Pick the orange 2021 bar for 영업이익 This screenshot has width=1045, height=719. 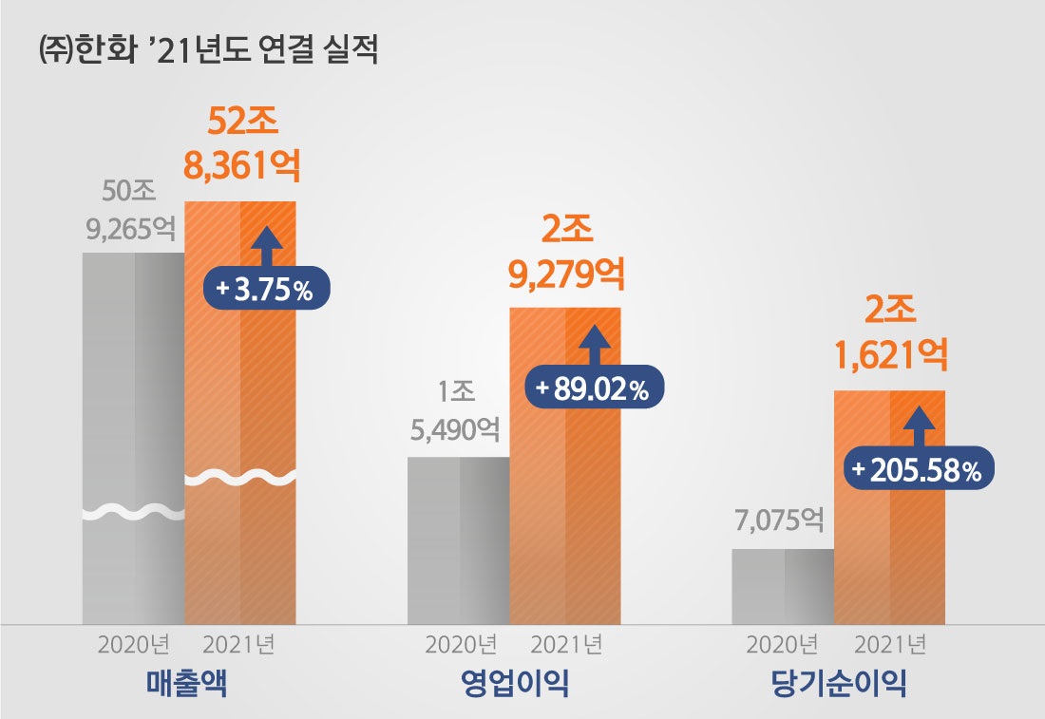[565, 513]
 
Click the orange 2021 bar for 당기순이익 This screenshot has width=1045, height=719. [889, 551]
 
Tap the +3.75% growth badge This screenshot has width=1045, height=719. [266, 289]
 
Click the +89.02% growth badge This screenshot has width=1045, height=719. [593, 388]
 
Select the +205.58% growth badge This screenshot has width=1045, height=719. [918, 470]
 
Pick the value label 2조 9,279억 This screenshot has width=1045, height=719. [566, 252]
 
